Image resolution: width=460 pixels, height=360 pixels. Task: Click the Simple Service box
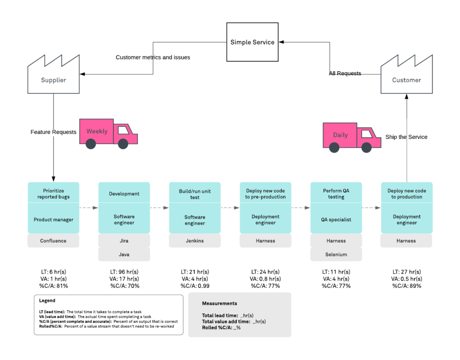(x=252, y=42)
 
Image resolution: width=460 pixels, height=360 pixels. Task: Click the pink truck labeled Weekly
(x=108, y=133)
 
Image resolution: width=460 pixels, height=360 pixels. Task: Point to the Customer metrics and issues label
(x=153, y=57)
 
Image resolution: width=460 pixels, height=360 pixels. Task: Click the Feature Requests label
(x=53, y=132)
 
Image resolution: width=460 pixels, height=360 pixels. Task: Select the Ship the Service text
(x=407, y=137)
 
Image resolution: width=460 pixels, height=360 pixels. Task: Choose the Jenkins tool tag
(x=195, y=241)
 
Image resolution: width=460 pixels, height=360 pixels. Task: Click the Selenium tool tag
(x=336, y=255)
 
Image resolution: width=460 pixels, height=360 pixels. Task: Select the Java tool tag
(x=124, y=255)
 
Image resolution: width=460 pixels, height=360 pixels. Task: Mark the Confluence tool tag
(x=53, y=241)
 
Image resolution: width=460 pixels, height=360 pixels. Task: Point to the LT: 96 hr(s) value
(x=124, y=272)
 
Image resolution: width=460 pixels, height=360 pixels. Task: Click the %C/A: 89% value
(x=407, y=286)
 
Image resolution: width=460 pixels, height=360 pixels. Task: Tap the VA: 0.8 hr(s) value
(x=265, y=279)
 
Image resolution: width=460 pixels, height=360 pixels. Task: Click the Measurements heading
(x=219, y=303)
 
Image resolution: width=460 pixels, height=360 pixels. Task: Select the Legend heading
(x=47, y=301)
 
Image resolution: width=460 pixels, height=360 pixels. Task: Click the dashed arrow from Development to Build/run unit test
(x=159, y=208)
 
